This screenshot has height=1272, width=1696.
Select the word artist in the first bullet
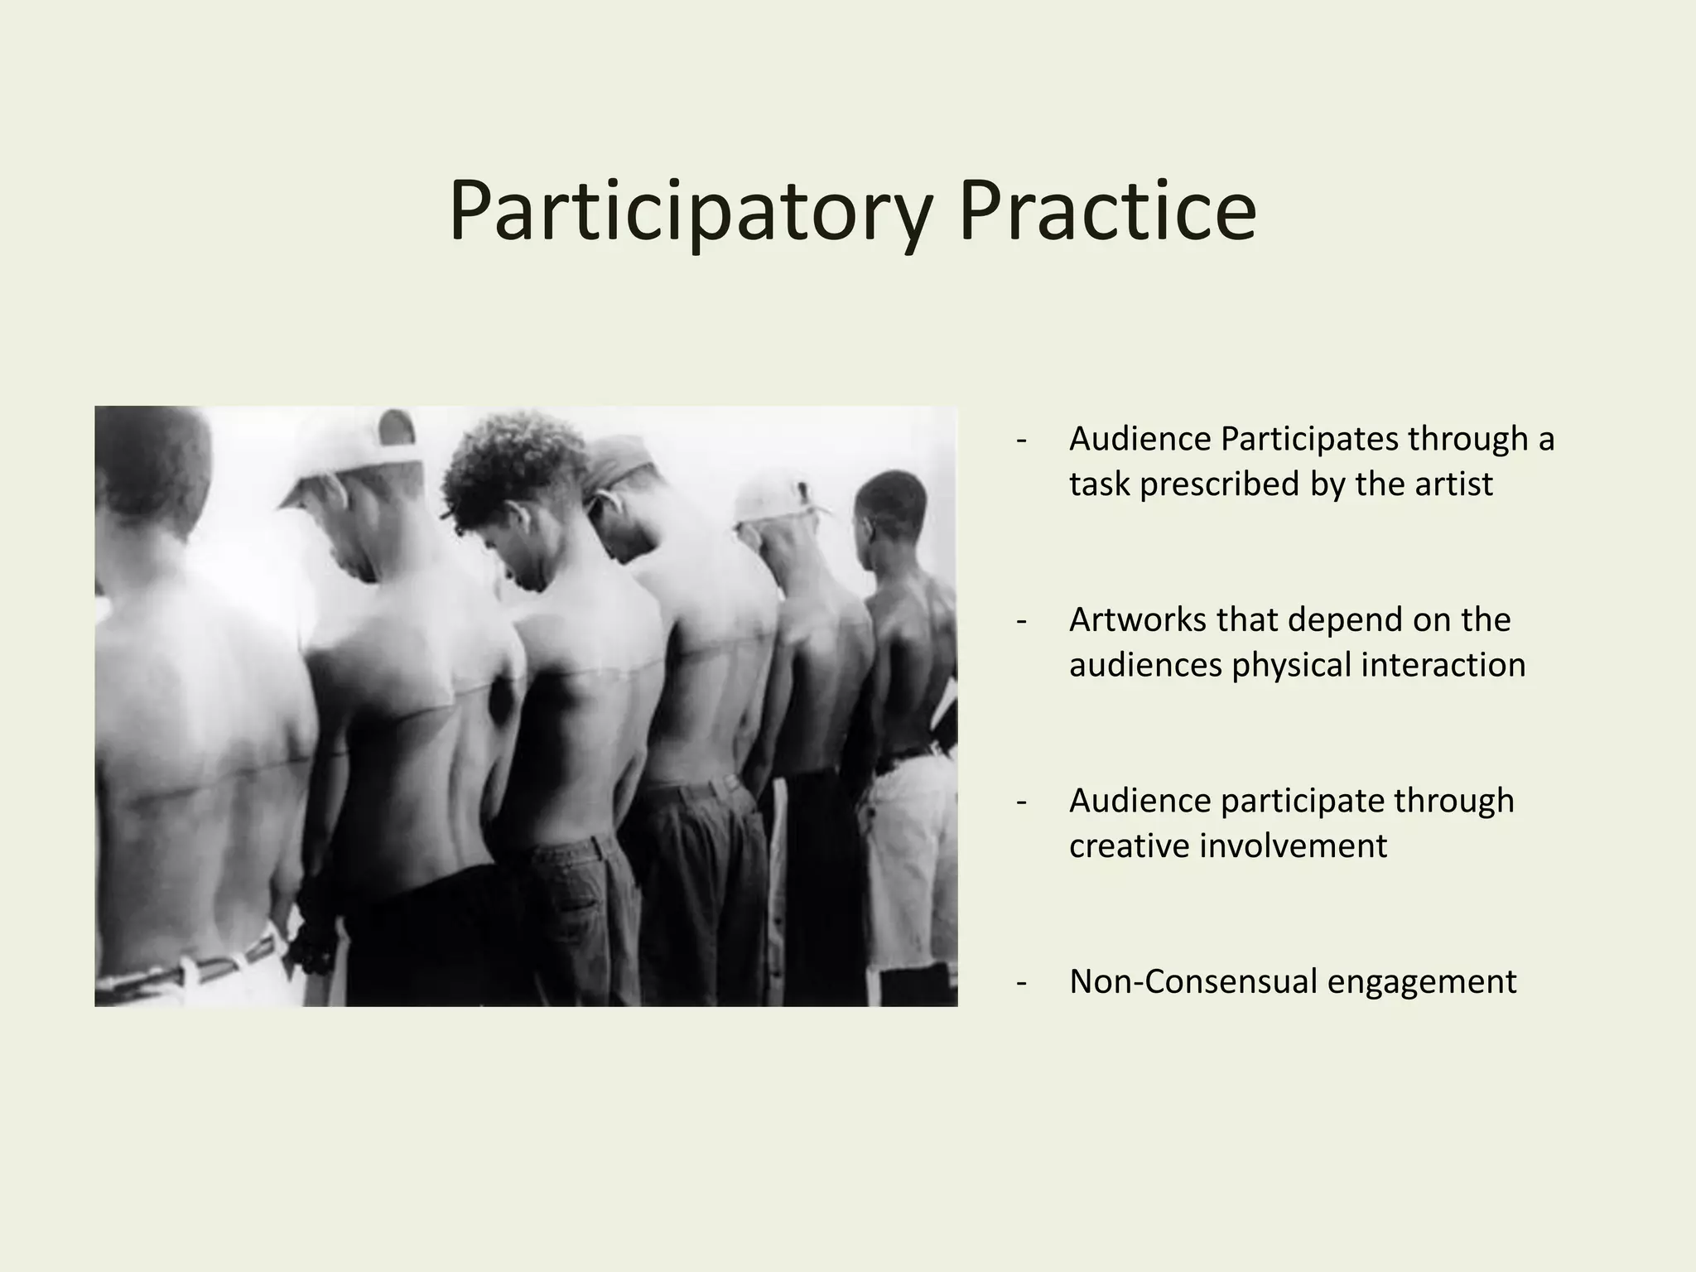click(x=1453, y=484)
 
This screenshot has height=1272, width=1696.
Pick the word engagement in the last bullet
click(x=1422, y=983)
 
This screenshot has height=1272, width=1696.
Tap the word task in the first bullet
click(x=1099, y=484)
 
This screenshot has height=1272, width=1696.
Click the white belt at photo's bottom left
click(x=199, y=969)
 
